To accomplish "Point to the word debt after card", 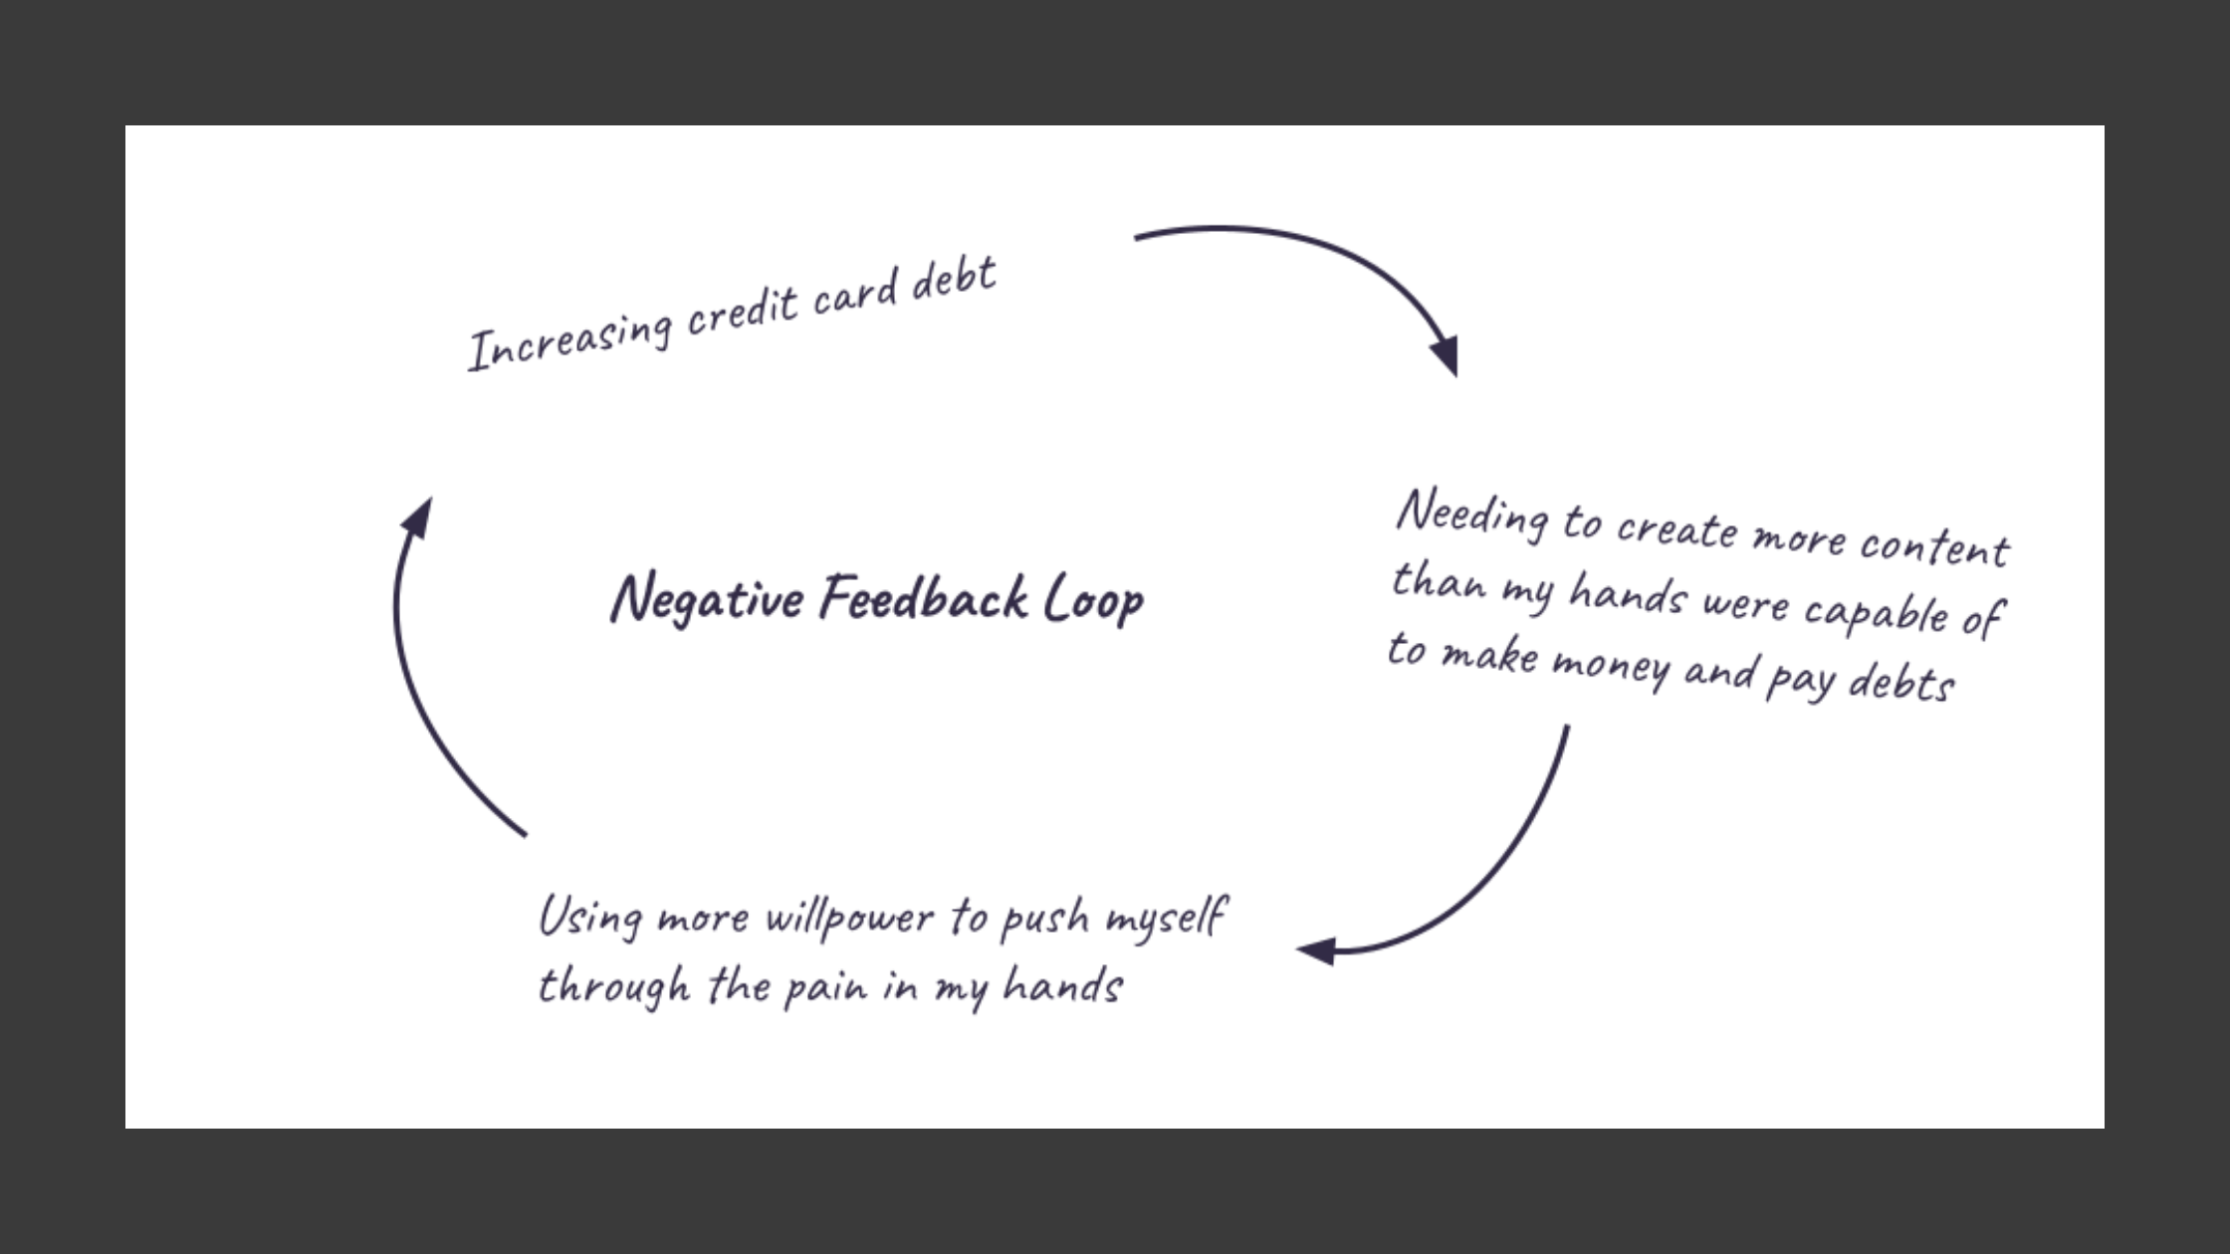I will tap(954, 279).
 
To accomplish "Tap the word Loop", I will tap(1093, 600).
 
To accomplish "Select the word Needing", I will tap(1472, 516).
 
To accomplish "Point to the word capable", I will tap(1875, 613).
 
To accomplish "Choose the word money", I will tap(1610, 665).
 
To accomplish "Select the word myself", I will tap(1166, 917).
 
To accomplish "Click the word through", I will tap(614, 986).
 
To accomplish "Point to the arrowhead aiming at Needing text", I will tap(1447, 356).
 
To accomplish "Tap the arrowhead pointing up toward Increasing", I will tap(418, 518).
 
